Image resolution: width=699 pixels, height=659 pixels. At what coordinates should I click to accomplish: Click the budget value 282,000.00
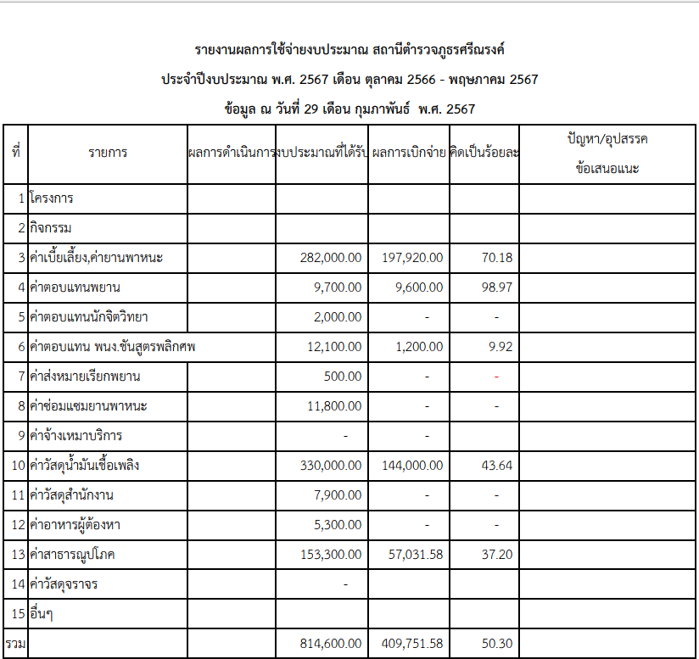pyautogui.click(x=331, y=257)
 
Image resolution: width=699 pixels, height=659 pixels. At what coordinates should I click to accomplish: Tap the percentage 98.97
pyautogui.click(x=496, y=287)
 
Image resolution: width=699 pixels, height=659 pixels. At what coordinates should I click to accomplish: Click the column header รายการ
pyautogui.click(x=108, y=153)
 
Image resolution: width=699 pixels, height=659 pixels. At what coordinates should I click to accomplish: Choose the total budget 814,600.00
pyautogui.click(x=331, y=643)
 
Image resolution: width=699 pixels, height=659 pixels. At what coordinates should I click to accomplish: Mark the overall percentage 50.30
pyautogui.click(x=496, y=643)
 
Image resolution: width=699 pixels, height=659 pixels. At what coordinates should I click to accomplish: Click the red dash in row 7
pyautogui.click(x=496, y=377)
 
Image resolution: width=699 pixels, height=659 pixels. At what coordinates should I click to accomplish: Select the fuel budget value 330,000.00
pyautogui.click(x=331, y=465)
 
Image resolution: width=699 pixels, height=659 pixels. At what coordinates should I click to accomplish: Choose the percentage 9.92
pyautogui.click(x=500, y=346)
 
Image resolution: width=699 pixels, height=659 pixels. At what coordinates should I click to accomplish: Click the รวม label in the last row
pyautogui.click(x=15, y=643)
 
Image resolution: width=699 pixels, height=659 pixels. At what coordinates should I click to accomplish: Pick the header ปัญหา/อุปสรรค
pyautogui.click(x=607, y=138)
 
